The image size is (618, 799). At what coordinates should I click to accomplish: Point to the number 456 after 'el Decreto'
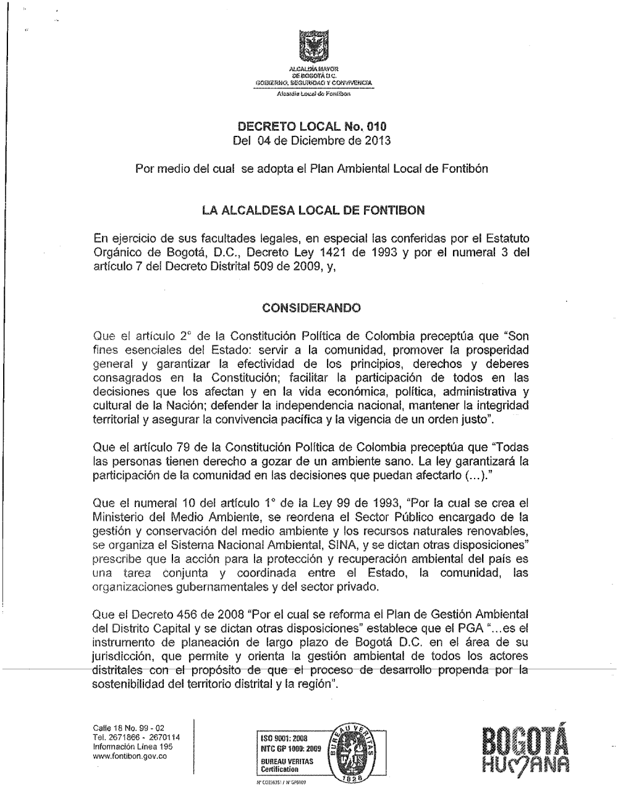180,616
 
